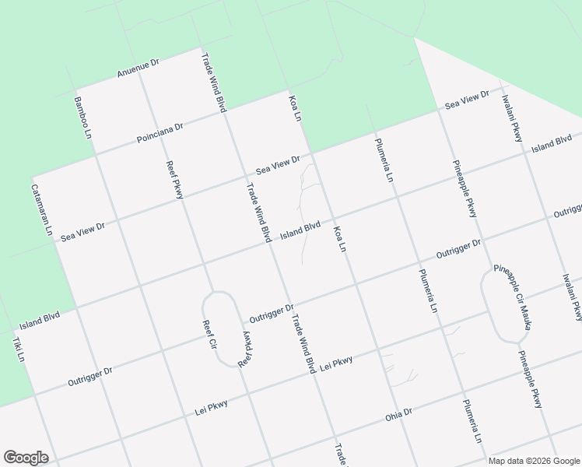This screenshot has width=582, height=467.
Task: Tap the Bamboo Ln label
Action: (x=83, y=118)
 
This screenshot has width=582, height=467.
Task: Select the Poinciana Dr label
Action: (x=160, y=132)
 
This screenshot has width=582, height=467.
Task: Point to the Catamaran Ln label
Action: (x=41, y=209)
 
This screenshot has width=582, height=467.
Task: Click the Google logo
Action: (x=26, y=457)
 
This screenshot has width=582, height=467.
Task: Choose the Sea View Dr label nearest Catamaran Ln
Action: (x=82, y=231)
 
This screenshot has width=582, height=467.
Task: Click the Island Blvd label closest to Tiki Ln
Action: (x=40, y=319)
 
